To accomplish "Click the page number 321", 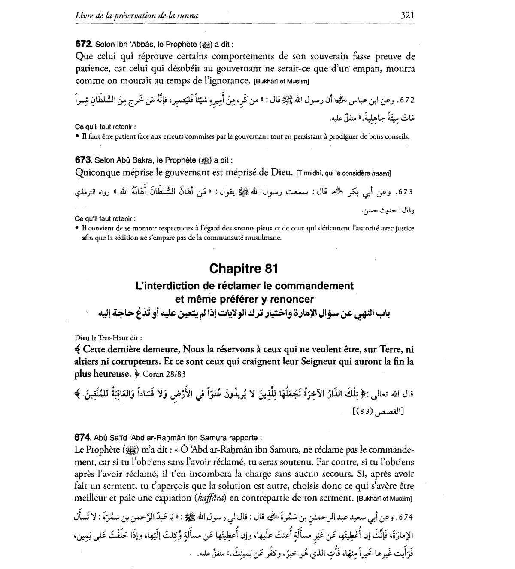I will (x=407, y=15).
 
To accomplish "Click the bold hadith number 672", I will (x=83, y=44).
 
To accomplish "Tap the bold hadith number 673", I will (x=83, y=160).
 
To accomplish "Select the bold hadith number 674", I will (x=82, y=438).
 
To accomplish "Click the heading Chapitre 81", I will (x=243, y=269).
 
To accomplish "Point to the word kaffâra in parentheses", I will (x=211, y=499).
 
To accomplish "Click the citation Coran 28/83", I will (x=164, y=374).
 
